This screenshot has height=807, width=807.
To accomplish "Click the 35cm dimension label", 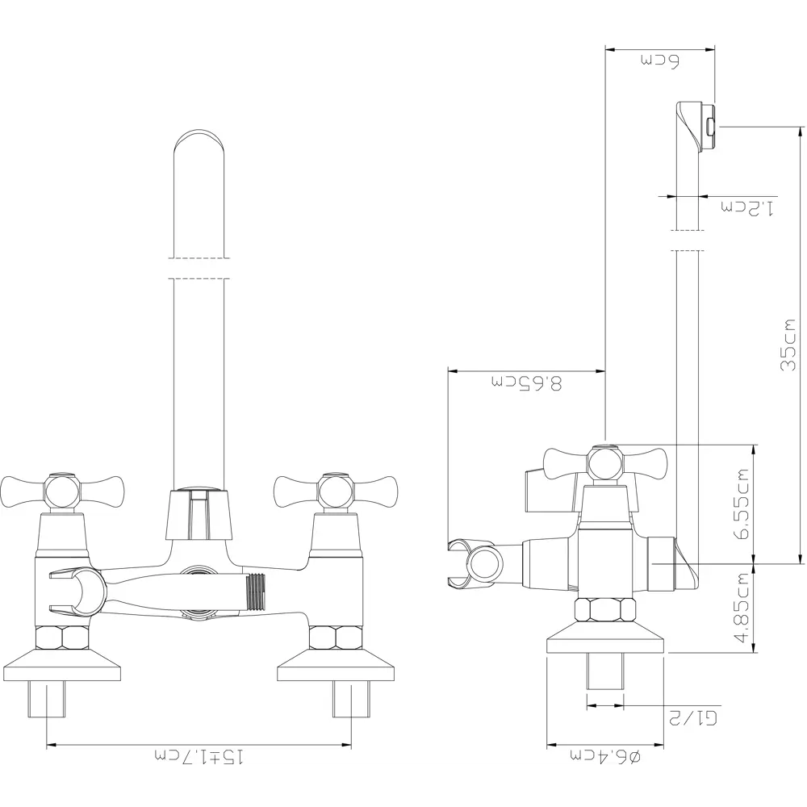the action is click(x=788, y=345).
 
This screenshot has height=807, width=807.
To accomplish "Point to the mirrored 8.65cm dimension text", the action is click(x=526, y=383).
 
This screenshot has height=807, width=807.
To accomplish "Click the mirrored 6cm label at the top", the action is click(x=660, y=61).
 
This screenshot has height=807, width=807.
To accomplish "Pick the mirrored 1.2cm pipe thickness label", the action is click(x=746, y=208).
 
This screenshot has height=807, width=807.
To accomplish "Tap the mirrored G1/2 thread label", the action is click(x=692, y=717).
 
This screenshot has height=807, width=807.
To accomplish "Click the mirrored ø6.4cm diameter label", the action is click(x=604, y=756).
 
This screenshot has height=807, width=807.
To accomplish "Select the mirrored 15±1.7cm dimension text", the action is click(x=199, y=757).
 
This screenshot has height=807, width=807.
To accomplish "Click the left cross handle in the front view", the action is click(x=62, y=490).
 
